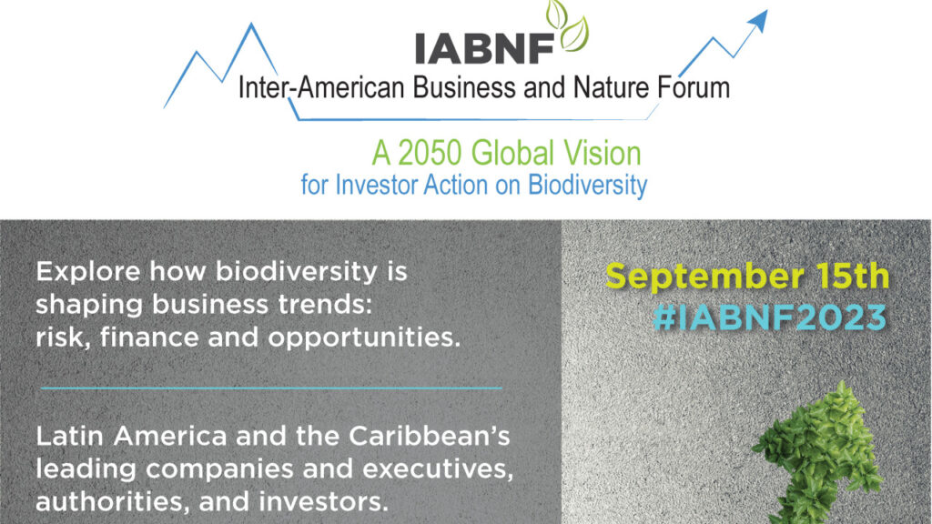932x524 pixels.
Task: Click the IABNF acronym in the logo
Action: [x=484, y=47]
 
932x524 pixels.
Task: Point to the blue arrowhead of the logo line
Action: [x=758, y=19]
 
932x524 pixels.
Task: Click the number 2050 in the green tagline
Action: [x=430, y=153]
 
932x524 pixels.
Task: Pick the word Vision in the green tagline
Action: [x=603, y=153]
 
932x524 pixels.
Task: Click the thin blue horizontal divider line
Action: [x=271, y=388]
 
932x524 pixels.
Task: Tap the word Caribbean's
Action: [x=430, y=436]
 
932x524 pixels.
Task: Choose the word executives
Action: [x=438, y=469]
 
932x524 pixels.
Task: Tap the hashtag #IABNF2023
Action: [x=770, y=317]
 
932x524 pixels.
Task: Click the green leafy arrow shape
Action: [x=820, y=451]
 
